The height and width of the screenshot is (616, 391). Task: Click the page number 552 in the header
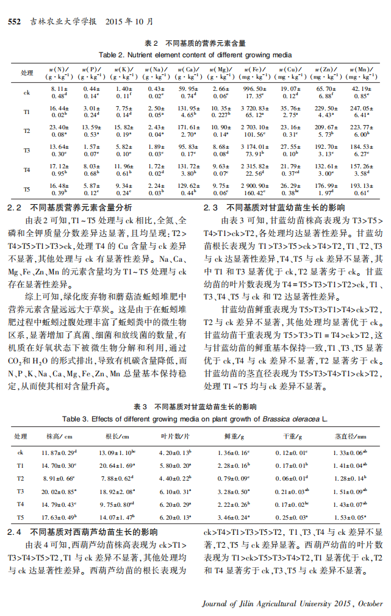[14, 22]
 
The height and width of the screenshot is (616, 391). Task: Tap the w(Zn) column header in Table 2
[326, 73]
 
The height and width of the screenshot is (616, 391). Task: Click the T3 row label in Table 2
[27, 150]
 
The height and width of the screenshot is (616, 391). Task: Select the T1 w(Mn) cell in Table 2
[361, 112]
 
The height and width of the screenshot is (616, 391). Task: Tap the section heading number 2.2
[14, 207]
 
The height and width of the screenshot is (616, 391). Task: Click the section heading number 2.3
[211, 207]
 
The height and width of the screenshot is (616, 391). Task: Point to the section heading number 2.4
[14, 532]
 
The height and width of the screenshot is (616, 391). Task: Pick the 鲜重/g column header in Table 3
[232, 437]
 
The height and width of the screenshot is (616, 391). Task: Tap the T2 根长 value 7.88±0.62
[116, 478]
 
